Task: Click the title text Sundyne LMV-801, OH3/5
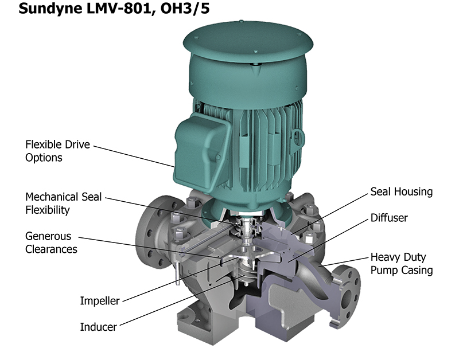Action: (114, 8)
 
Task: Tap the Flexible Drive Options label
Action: (58, 151)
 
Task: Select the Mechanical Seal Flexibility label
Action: (64, 204)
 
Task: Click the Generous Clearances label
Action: (51, 242)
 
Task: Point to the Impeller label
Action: (100, 301)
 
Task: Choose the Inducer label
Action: (98, 327)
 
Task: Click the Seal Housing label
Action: (401, 192)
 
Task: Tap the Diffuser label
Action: (389, 218)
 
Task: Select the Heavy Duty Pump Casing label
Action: (402, 264)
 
